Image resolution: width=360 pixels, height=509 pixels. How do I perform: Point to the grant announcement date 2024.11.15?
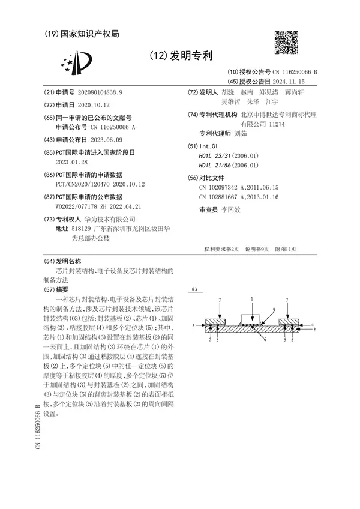[x=288, y=80]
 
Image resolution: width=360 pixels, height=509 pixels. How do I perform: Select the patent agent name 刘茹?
[x=241, y=134]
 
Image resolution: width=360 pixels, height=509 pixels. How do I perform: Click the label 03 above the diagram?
[x=194, y=289]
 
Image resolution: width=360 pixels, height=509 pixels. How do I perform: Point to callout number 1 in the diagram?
[x=252, y=298]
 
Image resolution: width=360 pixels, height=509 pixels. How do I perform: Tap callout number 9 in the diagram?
[x=274, y=309]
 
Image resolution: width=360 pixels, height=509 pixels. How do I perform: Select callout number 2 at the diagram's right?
[x=314, y=330]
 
